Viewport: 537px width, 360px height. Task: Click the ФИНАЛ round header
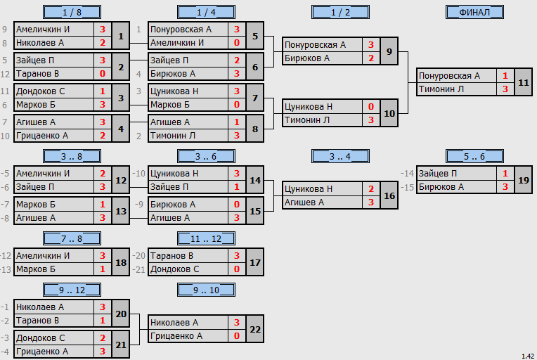pos(474,12)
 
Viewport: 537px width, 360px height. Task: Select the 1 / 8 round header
pos(72,12)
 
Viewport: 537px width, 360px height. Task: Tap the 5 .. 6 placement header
pos(474,156)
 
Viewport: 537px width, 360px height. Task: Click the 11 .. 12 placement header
pos(206,238)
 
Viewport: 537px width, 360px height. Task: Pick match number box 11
pos(524,82)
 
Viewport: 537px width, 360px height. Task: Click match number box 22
pos(255,329)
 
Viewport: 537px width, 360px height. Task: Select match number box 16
pos(389,195)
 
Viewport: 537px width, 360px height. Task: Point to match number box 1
pos(121,36)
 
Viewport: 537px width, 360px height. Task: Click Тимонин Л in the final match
pos(441,89)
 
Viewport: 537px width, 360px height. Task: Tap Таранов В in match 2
pos(38,74)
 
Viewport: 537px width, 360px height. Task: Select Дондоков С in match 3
pos(40,91)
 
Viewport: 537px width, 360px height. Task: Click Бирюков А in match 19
pos(441,187)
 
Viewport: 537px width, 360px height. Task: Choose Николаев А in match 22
pos(174,322)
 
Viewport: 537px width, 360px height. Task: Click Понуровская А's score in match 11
pos(505,76)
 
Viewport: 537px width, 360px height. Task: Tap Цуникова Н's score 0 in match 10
pos(371,107)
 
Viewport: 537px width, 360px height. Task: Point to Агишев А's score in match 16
pos(371,202)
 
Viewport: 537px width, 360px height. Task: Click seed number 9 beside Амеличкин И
pos(4,30)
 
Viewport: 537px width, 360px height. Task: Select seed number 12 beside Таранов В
pos(5,74)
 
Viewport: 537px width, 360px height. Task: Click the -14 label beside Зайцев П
pos(407,174)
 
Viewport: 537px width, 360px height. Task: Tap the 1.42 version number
pos(528,356)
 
